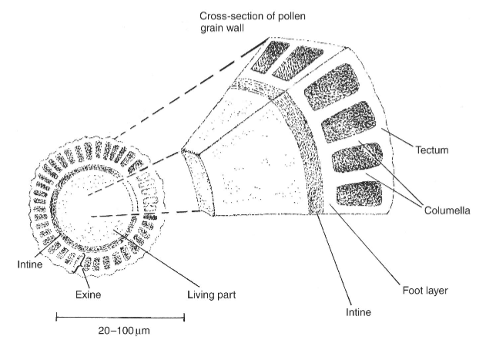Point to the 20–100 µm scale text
click(121, 336)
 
